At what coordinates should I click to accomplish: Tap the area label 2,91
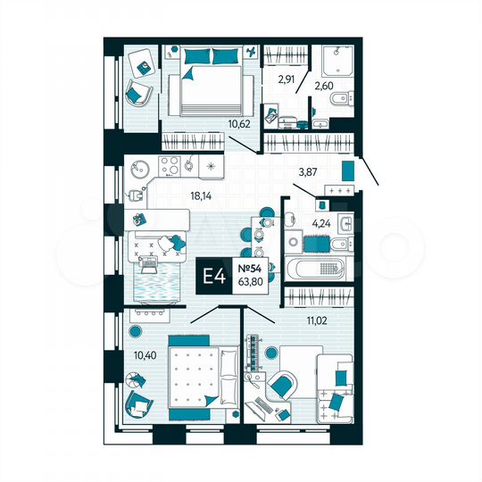tap(287, 79)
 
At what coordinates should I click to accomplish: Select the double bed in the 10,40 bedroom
tap(194, 376)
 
